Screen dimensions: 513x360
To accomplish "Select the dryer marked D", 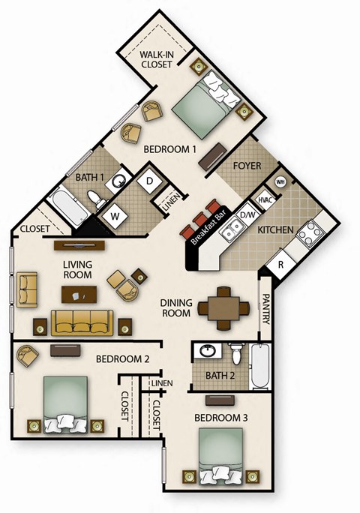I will coord(148,181).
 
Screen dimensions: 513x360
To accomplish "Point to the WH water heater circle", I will coord(280,181).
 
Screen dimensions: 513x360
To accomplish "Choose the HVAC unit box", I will coord(264,200).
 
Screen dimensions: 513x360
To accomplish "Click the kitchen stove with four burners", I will coord(308,235).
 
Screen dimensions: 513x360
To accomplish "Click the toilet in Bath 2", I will coord(237,352).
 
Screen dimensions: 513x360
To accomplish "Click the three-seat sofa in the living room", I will coord(82,323).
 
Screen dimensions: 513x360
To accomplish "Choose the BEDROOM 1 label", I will coord(170,149).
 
